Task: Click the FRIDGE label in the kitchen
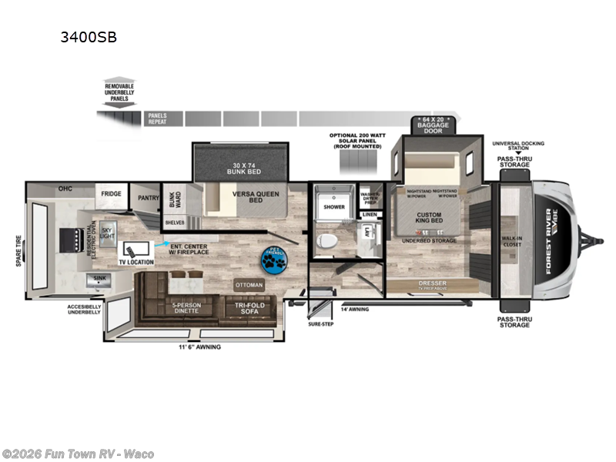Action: click(110, 194)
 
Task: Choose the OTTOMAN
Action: click(249, 285)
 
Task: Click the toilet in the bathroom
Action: click(326, 241)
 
